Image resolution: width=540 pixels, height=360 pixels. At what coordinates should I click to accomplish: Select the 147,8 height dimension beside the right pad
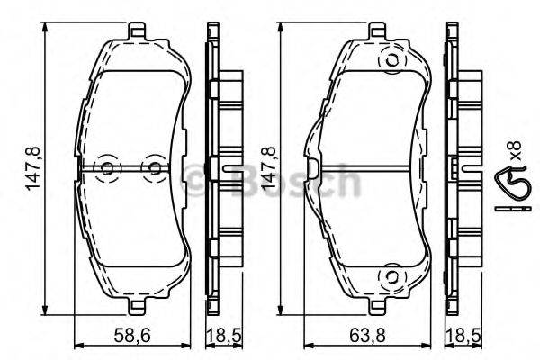pyautogui.click(x=266, y=168)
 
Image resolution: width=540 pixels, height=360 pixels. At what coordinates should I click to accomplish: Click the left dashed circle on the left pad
pyautogui.click(x=108, y=168)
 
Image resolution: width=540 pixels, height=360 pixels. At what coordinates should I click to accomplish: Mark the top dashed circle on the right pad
pyautogui.click(x=391, y=61)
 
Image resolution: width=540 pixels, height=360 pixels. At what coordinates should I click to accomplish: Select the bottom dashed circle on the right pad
pyautogui.click(x=391, y=275)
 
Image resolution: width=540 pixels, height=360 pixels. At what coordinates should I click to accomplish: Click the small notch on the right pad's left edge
pyautogui.click(x=310, y=168)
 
